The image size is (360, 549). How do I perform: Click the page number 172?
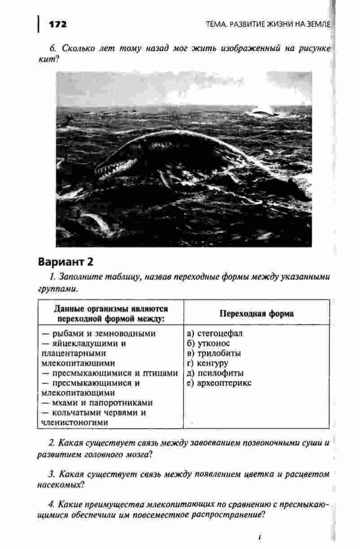click(57, 24)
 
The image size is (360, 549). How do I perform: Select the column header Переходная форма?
click(256, 314)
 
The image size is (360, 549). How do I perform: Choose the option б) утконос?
click(208, 344)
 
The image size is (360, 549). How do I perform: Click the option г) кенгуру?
click(207, 363)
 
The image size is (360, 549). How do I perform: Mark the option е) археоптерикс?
click(219, 383)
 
